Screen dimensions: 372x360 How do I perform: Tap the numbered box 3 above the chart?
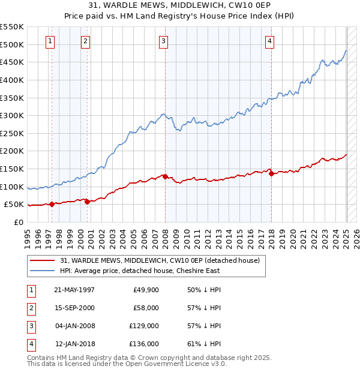163,41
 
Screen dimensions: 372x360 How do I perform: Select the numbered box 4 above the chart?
270,41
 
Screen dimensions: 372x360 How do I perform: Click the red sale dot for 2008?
165,176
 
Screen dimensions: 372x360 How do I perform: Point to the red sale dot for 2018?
271,174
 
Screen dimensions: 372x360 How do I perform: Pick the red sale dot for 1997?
52,204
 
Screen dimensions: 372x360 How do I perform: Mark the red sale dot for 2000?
88,202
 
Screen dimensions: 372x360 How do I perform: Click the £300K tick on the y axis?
12,115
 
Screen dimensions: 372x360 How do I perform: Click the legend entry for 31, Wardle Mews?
160,260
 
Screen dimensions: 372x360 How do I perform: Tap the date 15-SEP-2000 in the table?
74,308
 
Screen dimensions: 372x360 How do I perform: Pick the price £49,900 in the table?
146,290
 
